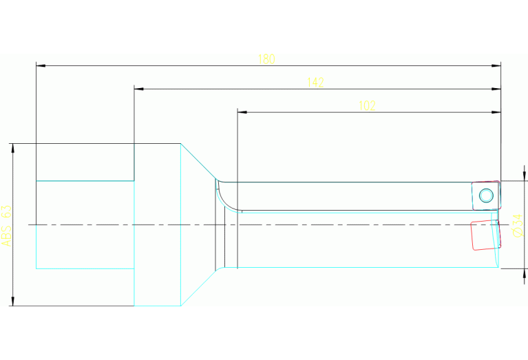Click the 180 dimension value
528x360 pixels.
(266, 59)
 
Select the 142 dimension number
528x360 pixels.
(315, 83)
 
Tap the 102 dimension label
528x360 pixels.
(368, 105)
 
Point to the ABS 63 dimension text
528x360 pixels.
(7, 225)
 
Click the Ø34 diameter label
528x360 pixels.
(518, 224)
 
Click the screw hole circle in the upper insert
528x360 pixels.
(486, 195)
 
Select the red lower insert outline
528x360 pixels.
(484, 234)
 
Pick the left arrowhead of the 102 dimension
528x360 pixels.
(241, 112)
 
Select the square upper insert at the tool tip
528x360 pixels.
(485, 195)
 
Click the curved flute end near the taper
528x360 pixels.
(223, 195)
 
